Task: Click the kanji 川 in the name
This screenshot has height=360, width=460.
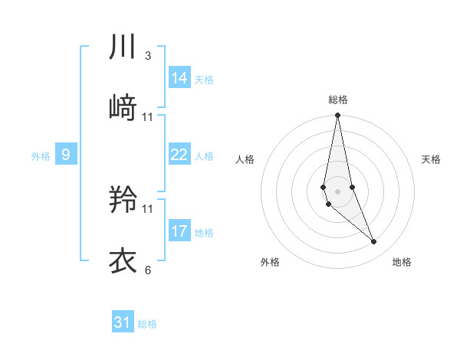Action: (x=123, y=47)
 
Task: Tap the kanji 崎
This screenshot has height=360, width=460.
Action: (x=123, y=109)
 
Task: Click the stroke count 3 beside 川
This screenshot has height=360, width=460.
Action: (x=148, y=56)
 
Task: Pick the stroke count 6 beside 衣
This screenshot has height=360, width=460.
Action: (x=148, y=270)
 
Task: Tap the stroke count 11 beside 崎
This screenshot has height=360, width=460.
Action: (x=148, y=117)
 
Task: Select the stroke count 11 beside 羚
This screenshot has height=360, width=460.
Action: (x=148, y=208)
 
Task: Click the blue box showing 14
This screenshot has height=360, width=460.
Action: (x=179, y=78)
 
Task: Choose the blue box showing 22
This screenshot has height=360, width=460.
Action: (x=179, y=155)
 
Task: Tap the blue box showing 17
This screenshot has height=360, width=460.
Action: (x=179, y=231)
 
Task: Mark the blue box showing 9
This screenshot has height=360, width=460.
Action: (x=66, y=155)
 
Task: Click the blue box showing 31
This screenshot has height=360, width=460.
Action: (x=123, y=322)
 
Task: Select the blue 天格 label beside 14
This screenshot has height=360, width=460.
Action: (x=204, y=80)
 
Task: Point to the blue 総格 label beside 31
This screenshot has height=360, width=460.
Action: (x=147, y=324)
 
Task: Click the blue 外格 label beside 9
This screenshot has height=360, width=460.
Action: (x=41, y=156)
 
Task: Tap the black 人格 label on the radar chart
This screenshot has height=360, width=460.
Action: (x=245, y=159)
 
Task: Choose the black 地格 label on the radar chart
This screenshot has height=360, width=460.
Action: (x=402, y=263)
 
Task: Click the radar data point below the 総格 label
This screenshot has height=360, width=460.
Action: (x=337, y=116)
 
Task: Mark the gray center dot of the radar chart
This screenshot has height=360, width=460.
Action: (x=337, y=190)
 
